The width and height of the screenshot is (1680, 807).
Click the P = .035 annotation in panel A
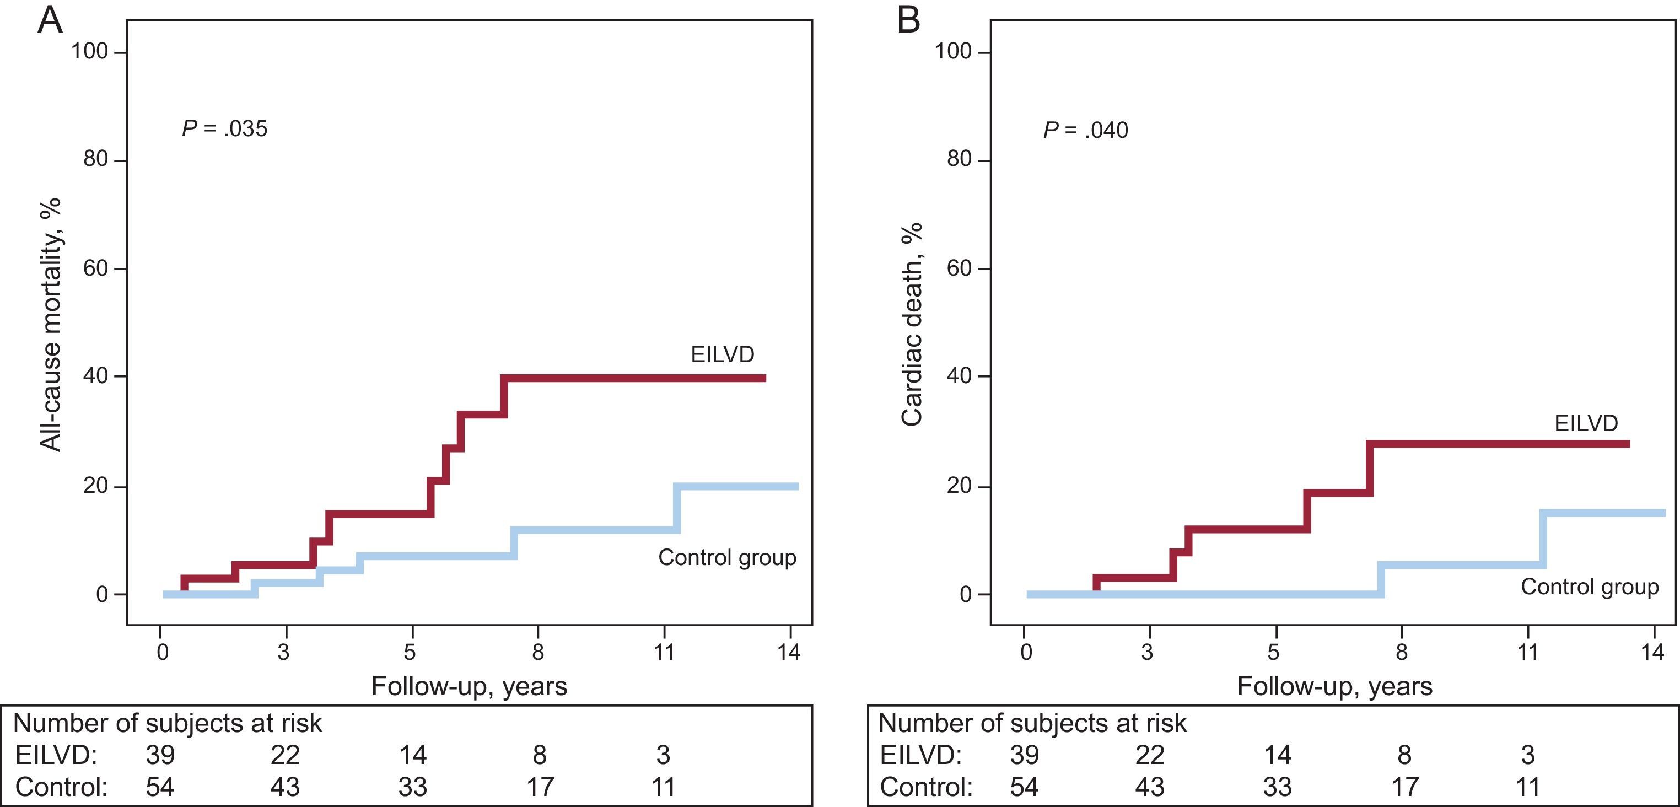224,128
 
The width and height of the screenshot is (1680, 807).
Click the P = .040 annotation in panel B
1085,131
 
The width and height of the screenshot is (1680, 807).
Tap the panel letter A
50,20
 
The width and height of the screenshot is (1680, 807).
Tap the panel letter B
908,20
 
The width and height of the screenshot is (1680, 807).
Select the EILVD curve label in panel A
722,354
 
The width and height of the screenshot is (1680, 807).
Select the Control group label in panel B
1590,587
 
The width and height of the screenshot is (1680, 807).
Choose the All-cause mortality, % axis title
50,324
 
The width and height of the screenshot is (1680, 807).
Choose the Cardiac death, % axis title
911,324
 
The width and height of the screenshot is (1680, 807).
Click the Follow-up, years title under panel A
469,686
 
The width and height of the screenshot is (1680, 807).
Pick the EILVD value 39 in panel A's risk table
160,755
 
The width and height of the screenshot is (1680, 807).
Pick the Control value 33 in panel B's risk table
1277,787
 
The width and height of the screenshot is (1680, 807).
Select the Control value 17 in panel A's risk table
540,787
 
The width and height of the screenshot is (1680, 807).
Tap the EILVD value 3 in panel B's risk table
1527,755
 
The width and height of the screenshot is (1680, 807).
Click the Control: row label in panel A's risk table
61,787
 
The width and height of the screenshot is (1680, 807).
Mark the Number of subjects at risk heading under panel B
1032,723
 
